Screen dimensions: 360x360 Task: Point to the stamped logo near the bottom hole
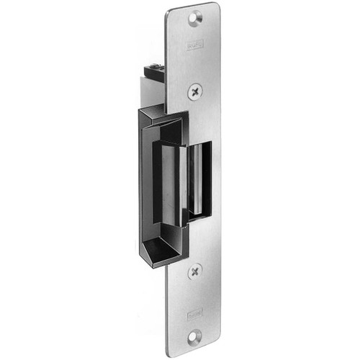pos(194,313)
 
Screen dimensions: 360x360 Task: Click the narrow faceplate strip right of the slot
pos(215,180)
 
